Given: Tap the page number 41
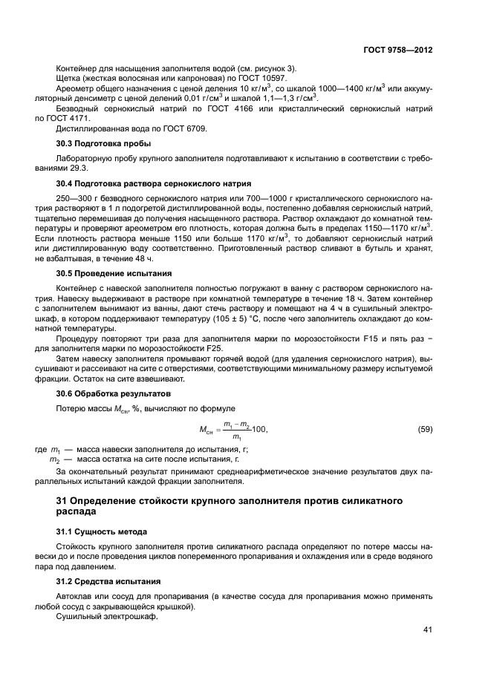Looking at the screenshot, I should pyautogui.click(x=427, y=630).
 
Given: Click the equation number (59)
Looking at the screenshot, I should pyautogui.click(x=425, y=429).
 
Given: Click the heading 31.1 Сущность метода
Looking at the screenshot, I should pyautogui.click(x=102, y=531).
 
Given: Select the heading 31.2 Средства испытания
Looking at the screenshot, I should pyautogui.click(x=108, y=581).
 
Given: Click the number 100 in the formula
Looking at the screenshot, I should pyautogui.click(x=259, y=430).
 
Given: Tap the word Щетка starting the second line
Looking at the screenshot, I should pyautogui.click(x=69, y=79).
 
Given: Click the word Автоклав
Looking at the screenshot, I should pyautogui.click(x=74, y=597).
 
